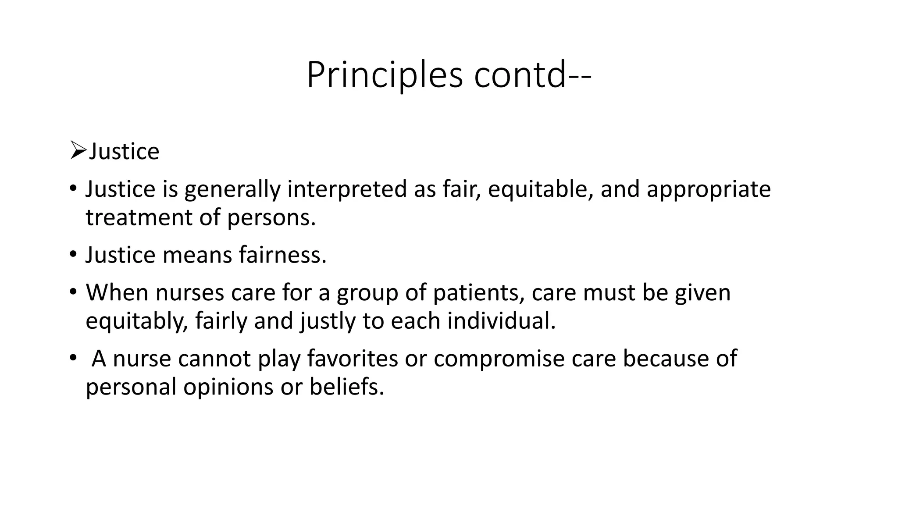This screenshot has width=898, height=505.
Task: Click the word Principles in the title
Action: click(x=385, y=75)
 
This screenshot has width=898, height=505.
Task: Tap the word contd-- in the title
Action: click(x=533, y=75)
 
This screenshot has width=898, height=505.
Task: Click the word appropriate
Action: click(x=708, y=189)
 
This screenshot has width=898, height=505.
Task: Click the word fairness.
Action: click(x=283, y=255)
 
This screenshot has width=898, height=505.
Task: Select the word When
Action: click(x=117, y=292)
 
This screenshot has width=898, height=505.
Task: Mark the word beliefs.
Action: click(x=346, y=387)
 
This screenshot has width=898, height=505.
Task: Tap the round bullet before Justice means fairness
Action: click(x=73, y=255)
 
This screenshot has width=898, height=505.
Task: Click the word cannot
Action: click(x=214, y=359)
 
